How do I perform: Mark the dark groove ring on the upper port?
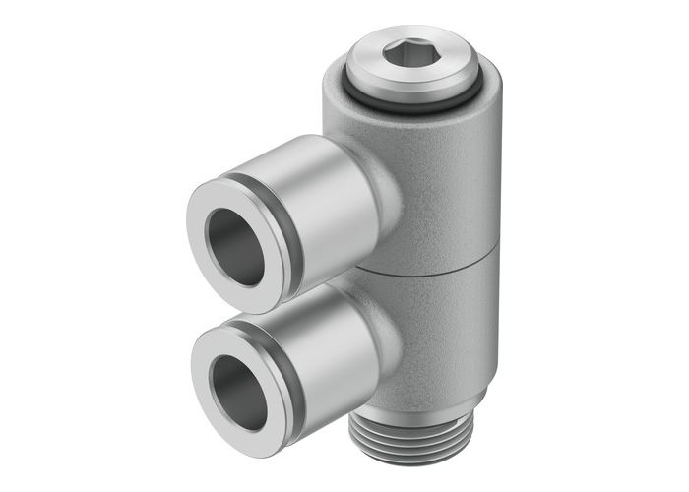tap(286, 236)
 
